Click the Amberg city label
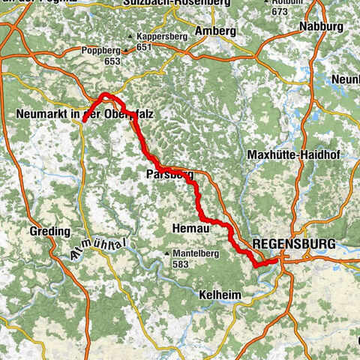(215, 31)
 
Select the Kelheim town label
(220, 295)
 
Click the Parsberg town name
(169, 174)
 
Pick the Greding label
(50, 232)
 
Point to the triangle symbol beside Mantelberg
(167, 254)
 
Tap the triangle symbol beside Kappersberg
(130, 36)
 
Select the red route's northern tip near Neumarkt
(105, 94)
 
